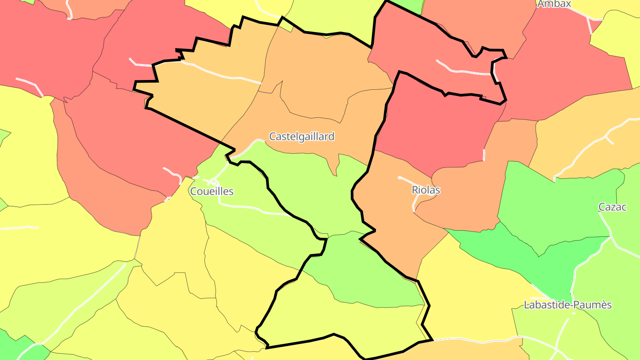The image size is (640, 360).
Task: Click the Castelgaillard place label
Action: (x=302, y=136)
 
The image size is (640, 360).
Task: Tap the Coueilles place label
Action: (x=212, y=192)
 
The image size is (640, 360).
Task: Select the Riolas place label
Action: (x=426, y=190)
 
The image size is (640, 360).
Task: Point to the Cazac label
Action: (x=612, y=207)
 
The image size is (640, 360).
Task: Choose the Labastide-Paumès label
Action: (x=568, y=305)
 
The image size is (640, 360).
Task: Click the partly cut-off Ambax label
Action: (x=554, y=4)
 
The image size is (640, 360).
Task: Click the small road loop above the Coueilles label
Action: (x=213, y=182)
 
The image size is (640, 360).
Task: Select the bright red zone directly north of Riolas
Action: (x=438, y=124)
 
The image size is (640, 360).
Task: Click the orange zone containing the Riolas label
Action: (x=391, y=209)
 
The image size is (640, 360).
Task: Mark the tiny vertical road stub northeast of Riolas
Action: (x=484, y=155)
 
